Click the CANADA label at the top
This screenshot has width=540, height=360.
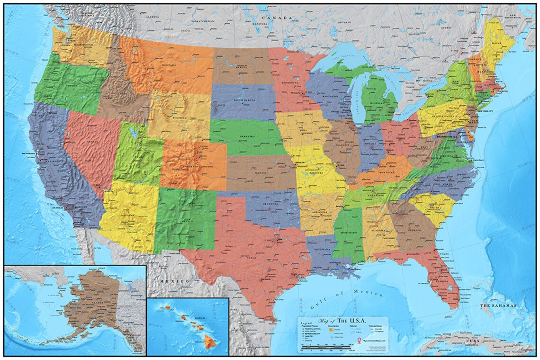tap(278, 17)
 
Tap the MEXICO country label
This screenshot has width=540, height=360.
tap(174, 281)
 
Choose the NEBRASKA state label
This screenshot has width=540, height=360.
tap(247, 136)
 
